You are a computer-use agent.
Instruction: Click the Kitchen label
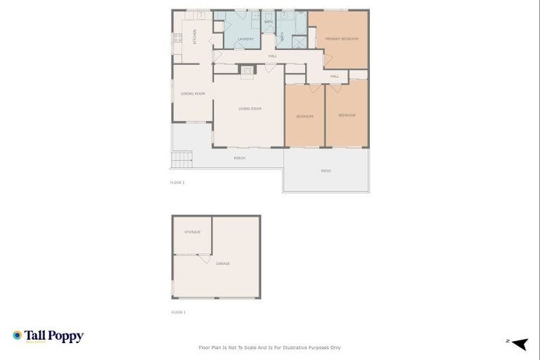195,36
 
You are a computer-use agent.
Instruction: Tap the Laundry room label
245,39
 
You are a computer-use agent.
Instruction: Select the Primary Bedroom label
342,39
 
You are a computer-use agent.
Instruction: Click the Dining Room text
192,94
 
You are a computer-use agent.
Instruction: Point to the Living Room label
250,108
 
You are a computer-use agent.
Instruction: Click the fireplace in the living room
247,70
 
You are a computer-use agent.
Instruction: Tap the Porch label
239,158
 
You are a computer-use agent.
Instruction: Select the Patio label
326,171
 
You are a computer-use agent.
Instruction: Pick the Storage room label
192,231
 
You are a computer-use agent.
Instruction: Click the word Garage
222,264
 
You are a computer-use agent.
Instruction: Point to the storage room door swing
204,259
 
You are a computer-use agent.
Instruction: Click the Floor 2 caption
177,182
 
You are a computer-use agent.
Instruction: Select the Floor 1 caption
178,312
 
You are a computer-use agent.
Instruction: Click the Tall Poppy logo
48,336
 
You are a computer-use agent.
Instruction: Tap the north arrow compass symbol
519,343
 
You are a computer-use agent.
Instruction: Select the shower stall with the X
300,39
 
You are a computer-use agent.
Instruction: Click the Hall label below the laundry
272,56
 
